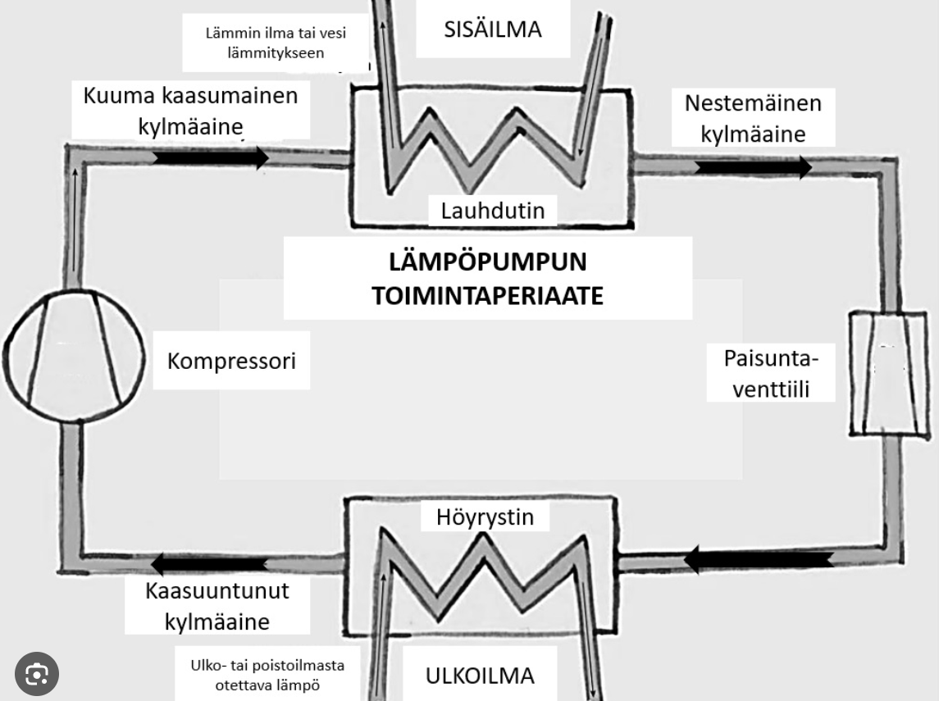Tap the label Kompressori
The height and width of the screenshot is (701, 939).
(231, 361)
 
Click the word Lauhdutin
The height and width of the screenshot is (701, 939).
(492, 211)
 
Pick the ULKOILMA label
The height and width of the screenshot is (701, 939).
(480, 676)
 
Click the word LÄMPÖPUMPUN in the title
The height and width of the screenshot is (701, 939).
(488, 264)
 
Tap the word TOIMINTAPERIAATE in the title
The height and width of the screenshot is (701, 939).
(488, 295)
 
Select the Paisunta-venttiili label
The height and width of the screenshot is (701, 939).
(772, 373)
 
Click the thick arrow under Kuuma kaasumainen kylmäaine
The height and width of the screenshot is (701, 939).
(211, 157)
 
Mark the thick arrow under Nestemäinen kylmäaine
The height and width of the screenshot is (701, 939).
(753, 167)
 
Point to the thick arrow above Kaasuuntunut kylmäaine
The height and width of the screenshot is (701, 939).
(209, 563)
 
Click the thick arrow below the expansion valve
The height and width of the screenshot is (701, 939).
(759, 561)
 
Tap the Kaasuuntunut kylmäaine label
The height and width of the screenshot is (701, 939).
(217, 606)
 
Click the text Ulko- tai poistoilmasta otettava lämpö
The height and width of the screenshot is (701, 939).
(268, 674)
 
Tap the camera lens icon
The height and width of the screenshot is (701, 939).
(37, 674)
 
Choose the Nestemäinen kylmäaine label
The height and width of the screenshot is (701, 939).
(753, 119)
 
